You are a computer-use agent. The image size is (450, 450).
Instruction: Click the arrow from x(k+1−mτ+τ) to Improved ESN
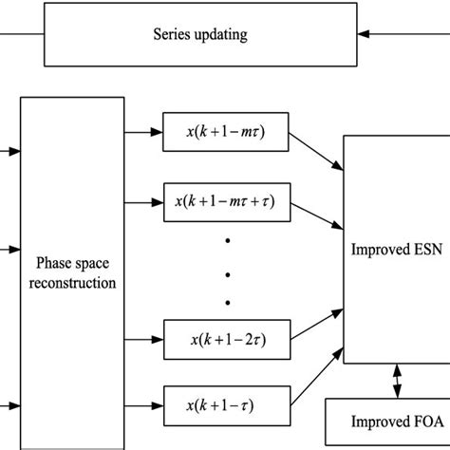coord(317,216)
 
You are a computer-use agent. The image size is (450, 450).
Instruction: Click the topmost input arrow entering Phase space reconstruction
coord(8,149)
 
